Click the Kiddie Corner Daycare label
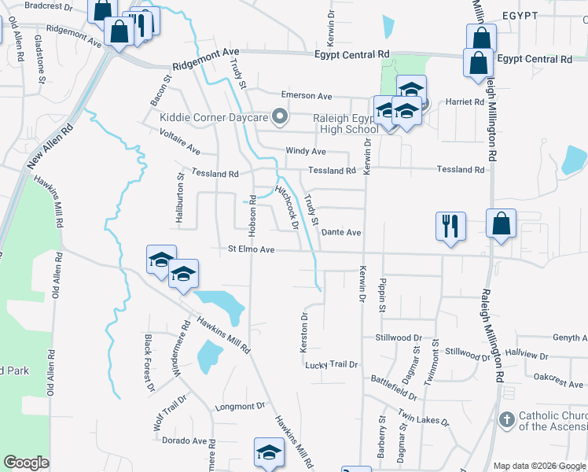click(x=214, y=118)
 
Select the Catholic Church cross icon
click(x=507, y=419)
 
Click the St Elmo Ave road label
click(x=251, y=249)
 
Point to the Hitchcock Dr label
click(x=287, y=207)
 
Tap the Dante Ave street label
click(x=341, y=233)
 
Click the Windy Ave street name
click(x=305, y=150)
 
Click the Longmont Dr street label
click(x=240, y=407)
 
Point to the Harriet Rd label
click(x=465, y=102)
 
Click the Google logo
click(x=26, y=463)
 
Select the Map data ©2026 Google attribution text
click(x=538, y=466)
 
